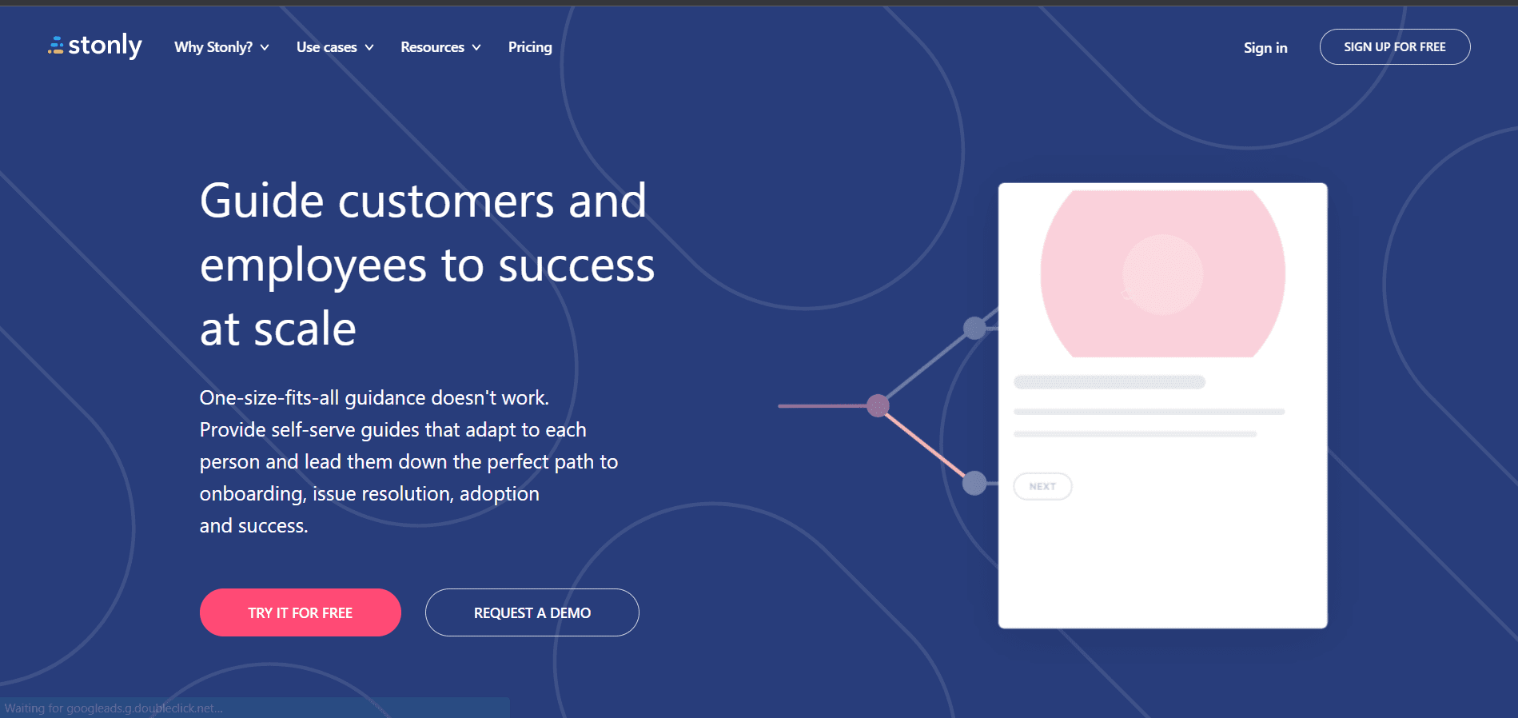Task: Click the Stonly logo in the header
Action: (x=95, y=46)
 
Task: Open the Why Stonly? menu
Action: (x=221, y=47)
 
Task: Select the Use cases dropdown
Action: (x=335, y=47)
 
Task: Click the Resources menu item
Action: (x=440, y=47)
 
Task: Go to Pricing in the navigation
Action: (x=530, y=47)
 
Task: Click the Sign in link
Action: (x=1265, y=48)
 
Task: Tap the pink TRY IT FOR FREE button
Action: (x=301, y=612)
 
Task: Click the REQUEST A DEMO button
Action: (x=532, y=612)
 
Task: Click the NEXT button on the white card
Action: (x=1042, y=486)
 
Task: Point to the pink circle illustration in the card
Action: (x=1162, y=273)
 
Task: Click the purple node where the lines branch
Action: (x=879, y=405)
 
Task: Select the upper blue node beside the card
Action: (x=974, y=328)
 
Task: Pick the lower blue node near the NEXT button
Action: (x=974, y=483)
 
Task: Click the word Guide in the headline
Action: (x=261, y=201)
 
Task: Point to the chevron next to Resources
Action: (x=476, y=48)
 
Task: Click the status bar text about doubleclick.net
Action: (x=114, y=708)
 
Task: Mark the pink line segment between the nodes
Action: (x=926, y=444)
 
